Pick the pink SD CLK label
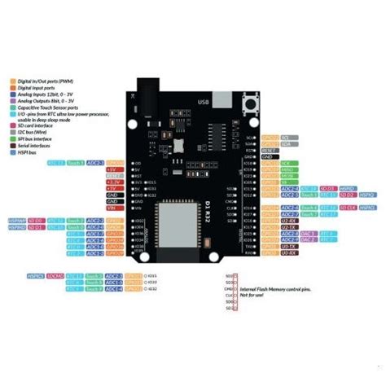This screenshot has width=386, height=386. (x=347, y=208)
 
